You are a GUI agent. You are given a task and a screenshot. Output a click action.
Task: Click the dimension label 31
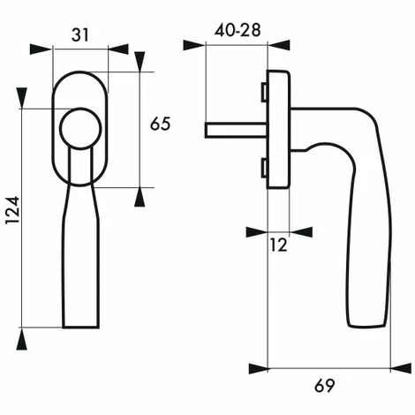[80, 35]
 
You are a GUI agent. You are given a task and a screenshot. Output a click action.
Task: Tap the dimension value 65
[160, 124]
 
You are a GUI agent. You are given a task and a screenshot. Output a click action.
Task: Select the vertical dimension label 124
[13, 210]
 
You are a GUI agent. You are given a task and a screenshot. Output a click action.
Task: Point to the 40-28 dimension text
[238, 30]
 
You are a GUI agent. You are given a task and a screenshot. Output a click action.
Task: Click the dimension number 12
[278, 245]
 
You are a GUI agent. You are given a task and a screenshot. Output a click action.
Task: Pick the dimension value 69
[325, 386]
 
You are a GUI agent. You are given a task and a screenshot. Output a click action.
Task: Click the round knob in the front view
[80, 129]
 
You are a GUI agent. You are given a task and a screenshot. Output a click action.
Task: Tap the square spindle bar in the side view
[236, 131]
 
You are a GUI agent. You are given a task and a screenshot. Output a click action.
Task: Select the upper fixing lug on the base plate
[264, 92]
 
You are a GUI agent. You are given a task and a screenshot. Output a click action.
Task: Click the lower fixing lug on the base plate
[264, 169]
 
